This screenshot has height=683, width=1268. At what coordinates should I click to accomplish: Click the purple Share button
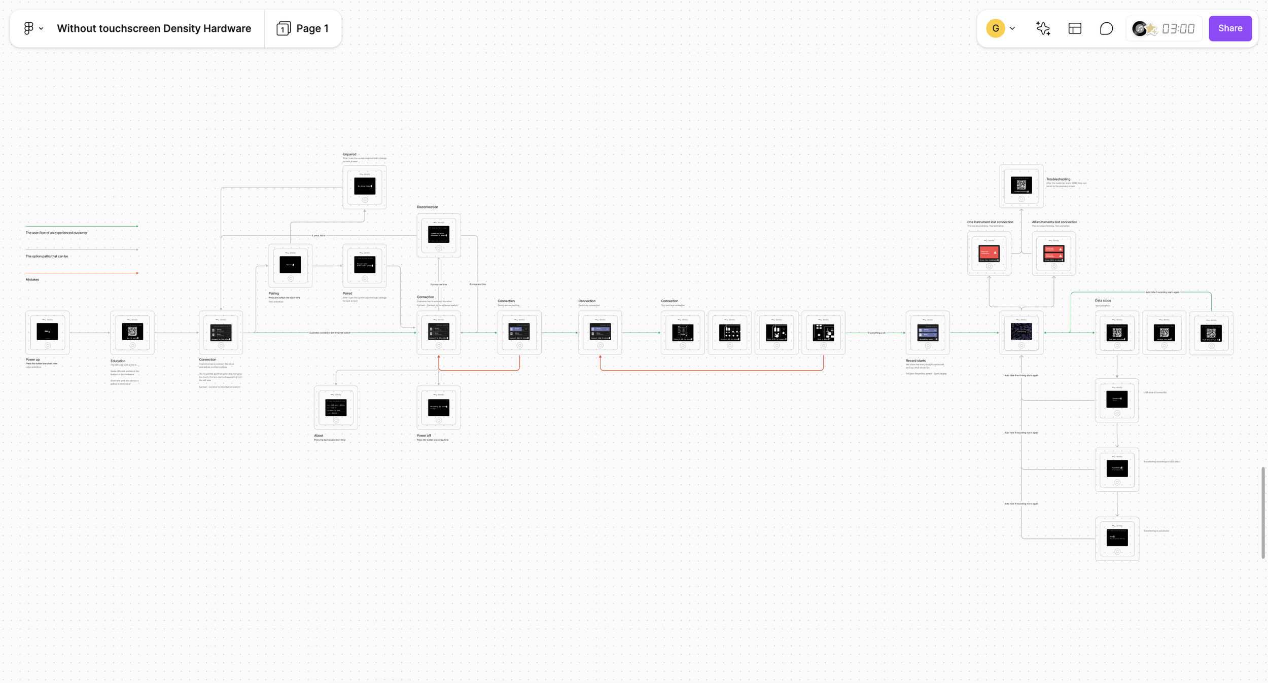tap(1230, 28)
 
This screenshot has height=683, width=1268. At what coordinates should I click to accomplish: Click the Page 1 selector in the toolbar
tap(303, 28)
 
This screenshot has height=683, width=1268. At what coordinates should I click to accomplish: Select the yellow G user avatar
tap(995, 28)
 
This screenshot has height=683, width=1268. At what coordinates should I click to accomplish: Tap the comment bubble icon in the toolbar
tap(1106, 28)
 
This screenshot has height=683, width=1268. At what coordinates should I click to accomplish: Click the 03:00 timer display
tap(1178, 28)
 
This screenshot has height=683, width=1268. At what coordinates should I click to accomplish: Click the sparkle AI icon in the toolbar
tap(1043, 28)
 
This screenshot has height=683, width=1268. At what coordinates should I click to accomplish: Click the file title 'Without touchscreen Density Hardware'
tap(154, 28)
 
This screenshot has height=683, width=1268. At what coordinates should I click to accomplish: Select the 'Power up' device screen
tap(47, 332)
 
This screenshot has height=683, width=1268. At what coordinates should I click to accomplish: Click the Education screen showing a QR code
tap(132, 332)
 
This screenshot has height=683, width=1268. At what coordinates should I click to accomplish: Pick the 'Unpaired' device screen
tap(364, 186)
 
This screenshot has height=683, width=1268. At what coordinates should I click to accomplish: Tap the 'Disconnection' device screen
tap(439, 235)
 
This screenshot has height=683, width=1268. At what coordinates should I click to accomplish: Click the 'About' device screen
tap(336, 407)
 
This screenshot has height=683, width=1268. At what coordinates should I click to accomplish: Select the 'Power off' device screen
tap(439, 407)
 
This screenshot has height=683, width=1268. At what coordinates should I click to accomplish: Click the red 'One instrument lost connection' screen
tap(989, 253)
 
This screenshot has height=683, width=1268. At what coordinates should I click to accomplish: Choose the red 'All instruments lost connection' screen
tap(1053, 253)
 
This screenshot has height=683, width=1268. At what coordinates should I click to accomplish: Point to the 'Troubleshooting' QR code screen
tap(1021, 185)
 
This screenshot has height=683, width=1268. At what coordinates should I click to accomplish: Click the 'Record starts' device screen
tap(928, 333)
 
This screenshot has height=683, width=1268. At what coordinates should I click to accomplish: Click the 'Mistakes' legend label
tap(32, 279)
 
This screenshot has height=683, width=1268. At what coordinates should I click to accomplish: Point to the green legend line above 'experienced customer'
tap(82, 226)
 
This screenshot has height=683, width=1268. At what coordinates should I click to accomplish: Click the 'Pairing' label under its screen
tap(274, 293)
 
